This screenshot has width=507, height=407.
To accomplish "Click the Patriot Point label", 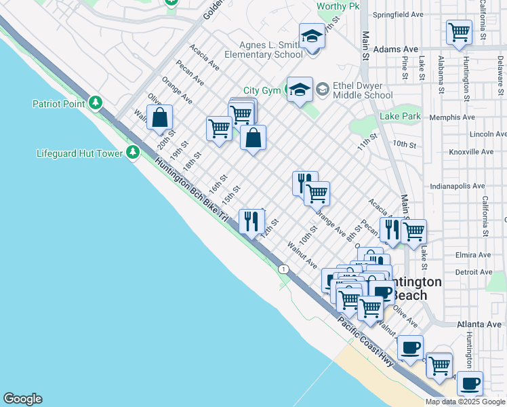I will [x=58, y=104].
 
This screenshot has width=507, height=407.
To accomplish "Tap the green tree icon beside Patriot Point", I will [x=96, y=103].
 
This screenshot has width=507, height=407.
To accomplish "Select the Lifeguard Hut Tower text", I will [x=79, y=153].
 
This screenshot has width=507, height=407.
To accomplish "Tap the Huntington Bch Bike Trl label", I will [x=193, y=193].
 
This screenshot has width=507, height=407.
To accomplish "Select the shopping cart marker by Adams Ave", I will [x=459, y=31].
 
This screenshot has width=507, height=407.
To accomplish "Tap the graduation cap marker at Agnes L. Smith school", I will [x=312, y=35].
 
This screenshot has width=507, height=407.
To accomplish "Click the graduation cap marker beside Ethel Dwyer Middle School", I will [x=299, y=89].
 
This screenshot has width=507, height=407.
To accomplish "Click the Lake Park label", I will [x=400, y=117].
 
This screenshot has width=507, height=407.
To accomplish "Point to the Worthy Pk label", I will [x=338, y=7].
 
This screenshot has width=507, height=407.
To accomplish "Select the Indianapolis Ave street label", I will [x=458, y=186].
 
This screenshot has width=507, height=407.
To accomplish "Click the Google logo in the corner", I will [x=22, y=399].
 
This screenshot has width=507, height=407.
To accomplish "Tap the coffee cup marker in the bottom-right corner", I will [x=470, y=383].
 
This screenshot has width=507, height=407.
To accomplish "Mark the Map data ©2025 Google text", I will [x=465, y=402].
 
